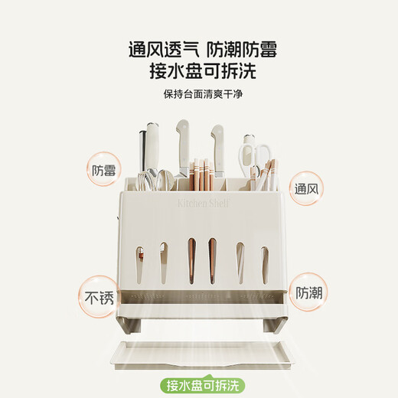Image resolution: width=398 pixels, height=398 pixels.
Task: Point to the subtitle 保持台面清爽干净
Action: click(x=199, y=94)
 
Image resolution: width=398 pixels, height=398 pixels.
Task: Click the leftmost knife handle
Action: click(x=147, y=148)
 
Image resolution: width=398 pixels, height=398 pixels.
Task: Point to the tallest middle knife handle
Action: click(x=182, y=142)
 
